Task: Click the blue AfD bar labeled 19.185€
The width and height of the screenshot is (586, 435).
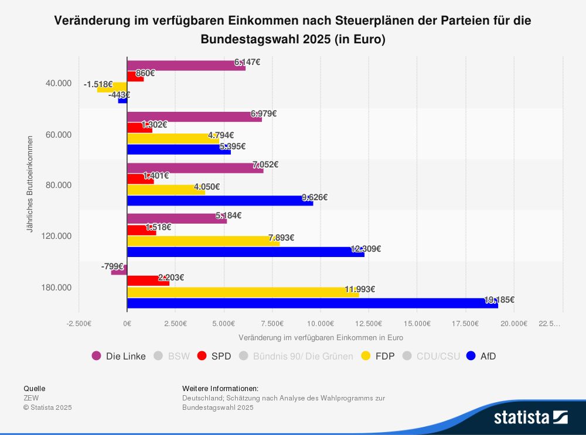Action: coord(312,303)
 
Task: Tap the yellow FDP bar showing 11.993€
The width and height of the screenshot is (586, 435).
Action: coord(243,292)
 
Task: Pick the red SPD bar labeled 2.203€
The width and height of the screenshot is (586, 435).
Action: coord(148,281)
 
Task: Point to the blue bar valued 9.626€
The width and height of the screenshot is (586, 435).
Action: coord(220,201)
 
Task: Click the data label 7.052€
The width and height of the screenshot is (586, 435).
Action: coord(265,165)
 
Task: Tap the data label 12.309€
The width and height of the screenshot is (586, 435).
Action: coord(366,248)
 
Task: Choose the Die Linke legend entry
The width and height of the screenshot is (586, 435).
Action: coord(119,356)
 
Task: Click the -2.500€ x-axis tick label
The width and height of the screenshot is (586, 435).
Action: coord(79,323)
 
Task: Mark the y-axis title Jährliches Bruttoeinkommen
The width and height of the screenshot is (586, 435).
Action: coord(29,185)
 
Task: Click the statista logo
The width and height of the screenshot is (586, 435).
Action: coord(530,417)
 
